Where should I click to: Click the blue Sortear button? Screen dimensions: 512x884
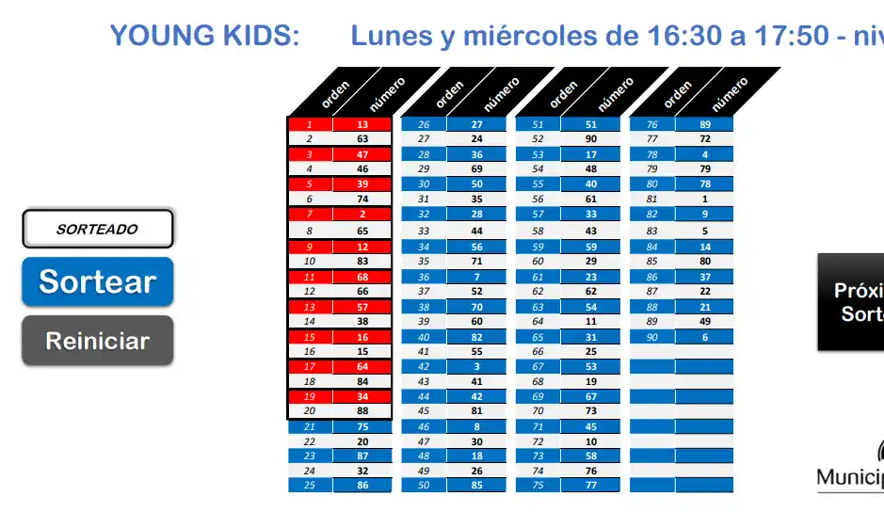coord(97,281)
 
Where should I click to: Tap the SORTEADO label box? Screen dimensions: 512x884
coord(97,229)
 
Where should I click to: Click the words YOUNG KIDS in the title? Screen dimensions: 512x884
coord(204,36)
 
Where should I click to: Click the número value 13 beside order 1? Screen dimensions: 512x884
coord(362,124)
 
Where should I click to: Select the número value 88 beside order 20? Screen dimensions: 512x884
coord(362,410)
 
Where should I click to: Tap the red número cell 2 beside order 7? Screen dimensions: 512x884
coord(362,215)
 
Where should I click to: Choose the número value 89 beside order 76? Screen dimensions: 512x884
coord(705,124)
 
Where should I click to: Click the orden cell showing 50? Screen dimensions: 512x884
coord(424,486)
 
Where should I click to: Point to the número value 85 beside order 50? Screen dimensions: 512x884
coord(477,486)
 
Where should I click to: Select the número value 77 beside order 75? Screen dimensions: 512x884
coord(591,486)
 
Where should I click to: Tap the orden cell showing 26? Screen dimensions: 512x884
coord(424,124)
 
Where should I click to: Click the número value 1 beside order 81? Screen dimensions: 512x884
coord(705,200)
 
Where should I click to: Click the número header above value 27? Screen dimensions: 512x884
coord(501,92)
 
